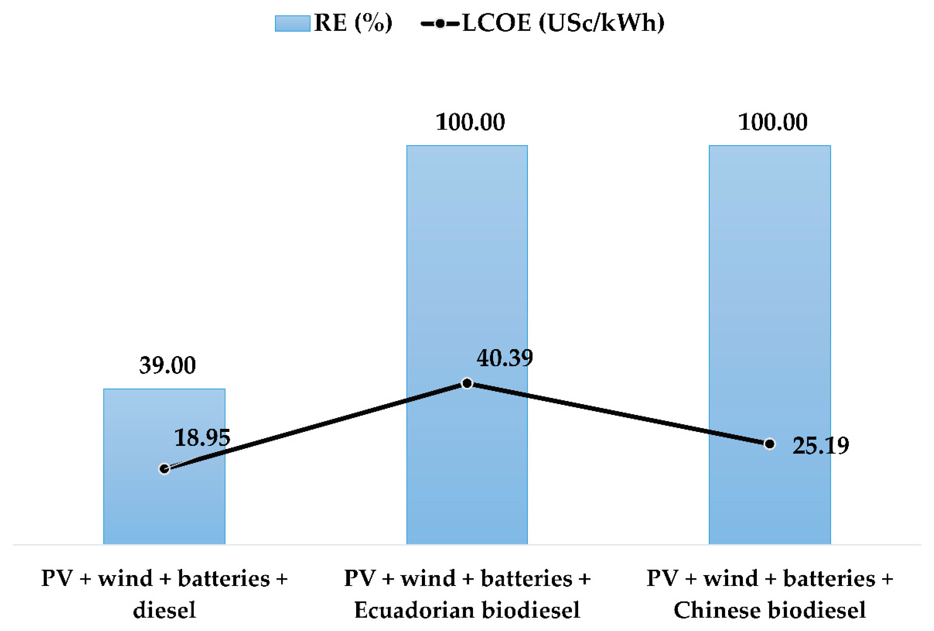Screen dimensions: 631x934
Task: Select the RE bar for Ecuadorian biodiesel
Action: [467, 281]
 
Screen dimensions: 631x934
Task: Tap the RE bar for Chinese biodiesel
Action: [769, 281]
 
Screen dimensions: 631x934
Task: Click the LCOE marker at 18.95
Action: [164, 468]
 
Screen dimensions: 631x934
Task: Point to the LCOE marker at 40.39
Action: [467, 383]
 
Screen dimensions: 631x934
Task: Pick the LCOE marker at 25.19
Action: [769, 444]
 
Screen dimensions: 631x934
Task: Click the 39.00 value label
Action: [167, 365]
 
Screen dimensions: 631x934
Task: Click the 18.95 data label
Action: [202, 437]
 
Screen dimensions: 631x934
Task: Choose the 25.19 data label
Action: [820, 445]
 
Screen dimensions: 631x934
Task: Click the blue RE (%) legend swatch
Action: [292, 23]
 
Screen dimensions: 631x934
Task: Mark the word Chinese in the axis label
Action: [715, 610]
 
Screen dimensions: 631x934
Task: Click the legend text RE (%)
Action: [353, 23]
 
